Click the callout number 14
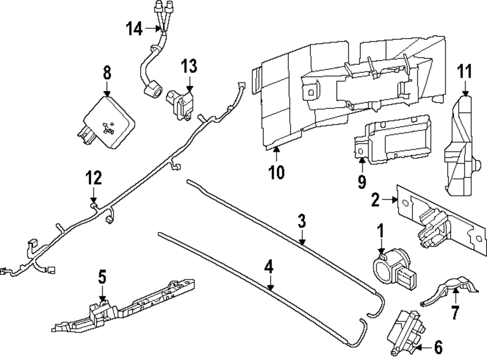click(134, 29)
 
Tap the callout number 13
click(189, 66)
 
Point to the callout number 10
click(276, 172)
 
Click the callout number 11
click(465, 73)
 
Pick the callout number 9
click(361, 182)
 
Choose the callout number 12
click(94, 178)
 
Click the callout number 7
click(455, 312)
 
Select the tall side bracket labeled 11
click(460, 146)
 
